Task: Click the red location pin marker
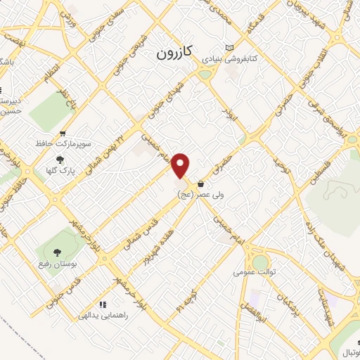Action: (181, 165)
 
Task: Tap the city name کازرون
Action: (173, 53)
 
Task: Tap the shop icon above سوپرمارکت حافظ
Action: (63, 134)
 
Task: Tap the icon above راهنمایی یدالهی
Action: (103, 305)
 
